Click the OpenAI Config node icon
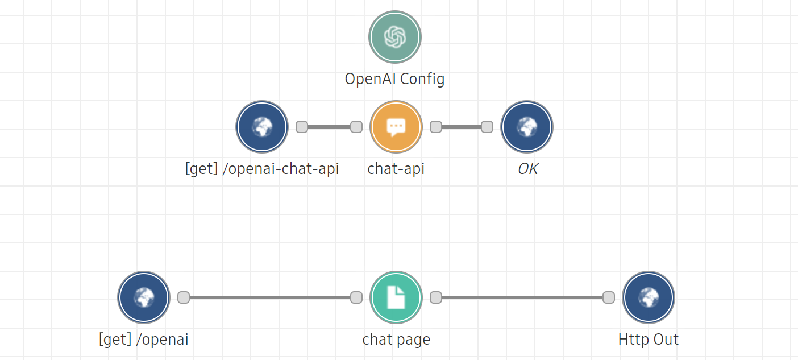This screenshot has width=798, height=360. pos(395,37)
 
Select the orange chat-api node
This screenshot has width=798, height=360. pos(396,127)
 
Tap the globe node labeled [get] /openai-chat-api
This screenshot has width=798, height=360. pos(262,127)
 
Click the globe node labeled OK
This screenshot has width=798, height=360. pos(527,127)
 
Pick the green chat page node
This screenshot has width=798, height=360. pos(396,297)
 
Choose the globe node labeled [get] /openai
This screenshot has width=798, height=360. pos(144,297)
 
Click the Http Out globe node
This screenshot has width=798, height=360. pos(649,297)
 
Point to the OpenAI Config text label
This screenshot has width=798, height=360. pos(395,78)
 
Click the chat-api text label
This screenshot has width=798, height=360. pos(396,169)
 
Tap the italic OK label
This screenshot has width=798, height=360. pos(527,169)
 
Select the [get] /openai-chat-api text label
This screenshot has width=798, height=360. pos(262,169)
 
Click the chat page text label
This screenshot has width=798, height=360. pos(396,340)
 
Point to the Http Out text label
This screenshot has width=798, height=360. pos(649,340)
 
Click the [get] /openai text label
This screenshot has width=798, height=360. pos(144,340)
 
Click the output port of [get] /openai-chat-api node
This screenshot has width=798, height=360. pos(302,127)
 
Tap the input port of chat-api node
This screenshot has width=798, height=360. pos(356,127)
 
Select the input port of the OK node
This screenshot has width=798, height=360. pos(487,127)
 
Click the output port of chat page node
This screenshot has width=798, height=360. pos(436,297)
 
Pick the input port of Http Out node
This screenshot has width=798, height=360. pos(609,297)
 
